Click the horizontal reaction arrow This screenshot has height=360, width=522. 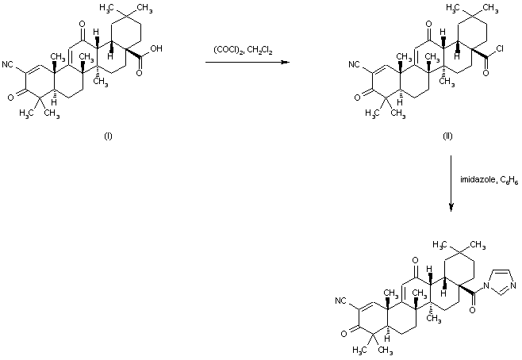(x=244, y=63)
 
